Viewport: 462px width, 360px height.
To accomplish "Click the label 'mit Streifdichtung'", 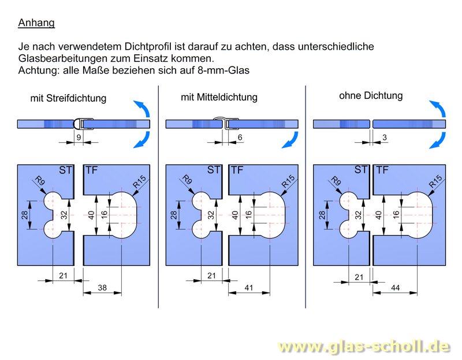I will (68, 98).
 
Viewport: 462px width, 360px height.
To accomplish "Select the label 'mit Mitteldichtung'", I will (219, 98).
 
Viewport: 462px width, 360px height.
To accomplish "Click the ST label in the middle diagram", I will (214, 170).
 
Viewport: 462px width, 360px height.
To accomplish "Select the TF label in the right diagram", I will (382, 170).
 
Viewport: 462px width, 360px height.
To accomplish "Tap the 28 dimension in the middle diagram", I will (173, 215).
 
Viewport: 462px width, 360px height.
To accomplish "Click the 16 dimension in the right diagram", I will (396, 214).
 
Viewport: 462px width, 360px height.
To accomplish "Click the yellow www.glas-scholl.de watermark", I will (363, 346).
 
